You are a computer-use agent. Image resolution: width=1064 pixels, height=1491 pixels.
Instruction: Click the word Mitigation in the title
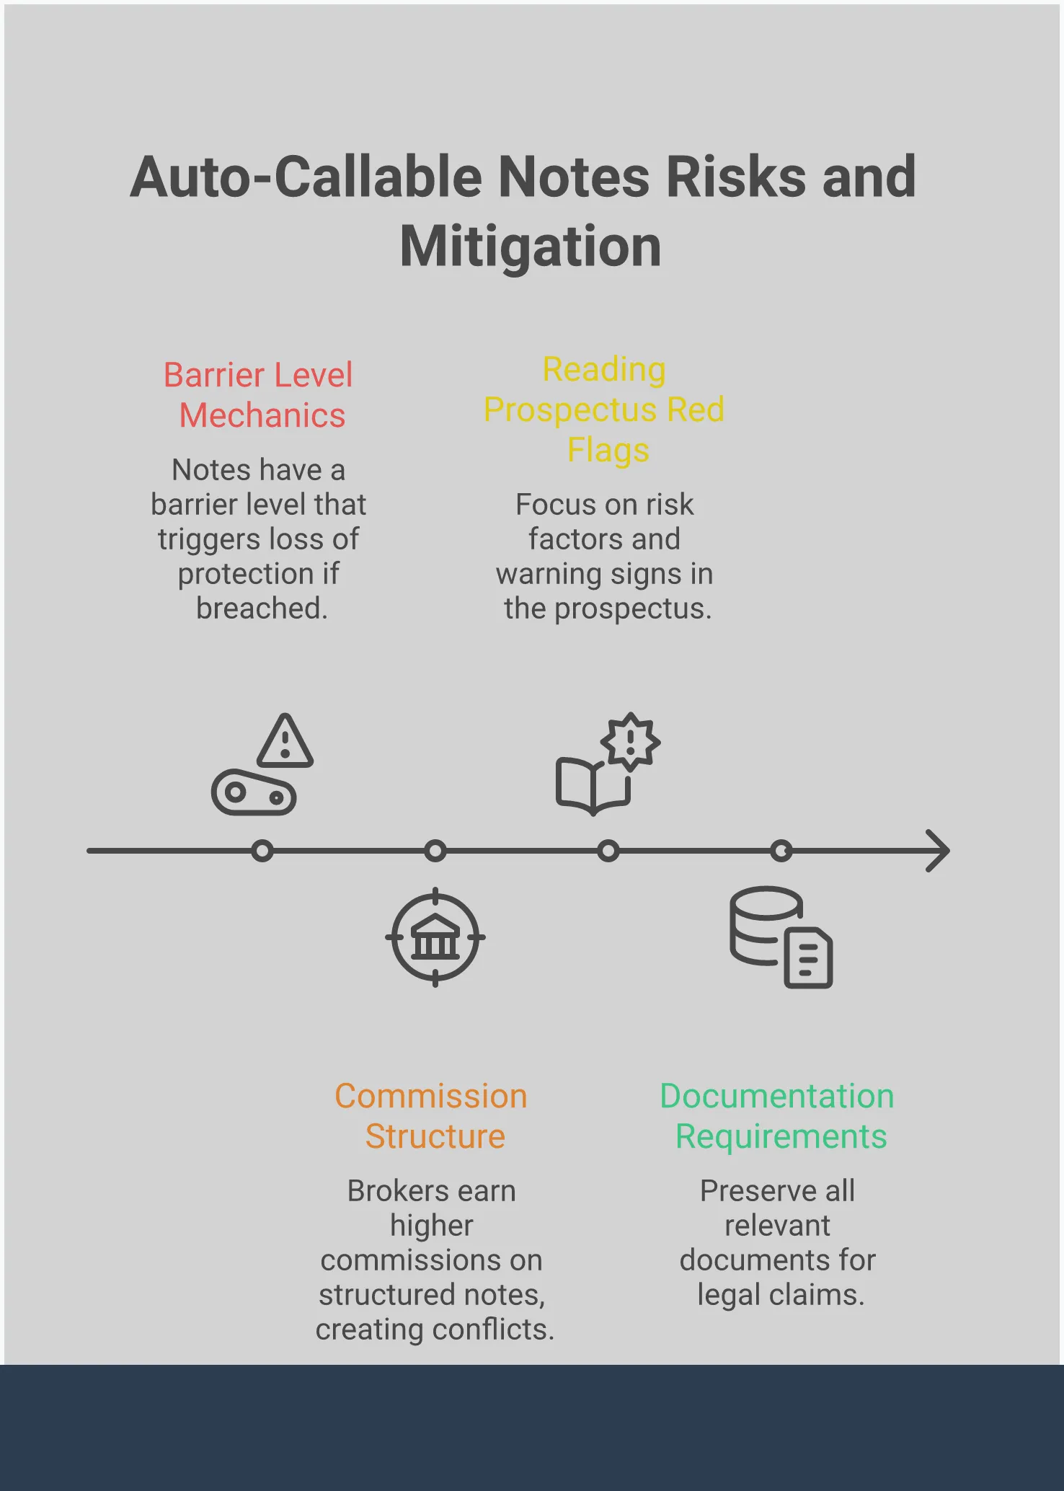coord(531,247)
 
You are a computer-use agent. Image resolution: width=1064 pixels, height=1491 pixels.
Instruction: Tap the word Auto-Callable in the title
coord(306,177)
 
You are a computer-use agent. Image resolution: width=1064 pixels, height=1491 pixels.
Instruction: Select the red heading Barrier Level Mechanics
coord(259,395)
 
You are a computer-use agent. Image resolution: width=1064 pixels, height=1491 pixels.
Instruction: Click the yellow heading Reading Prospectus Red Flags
coord(604,410)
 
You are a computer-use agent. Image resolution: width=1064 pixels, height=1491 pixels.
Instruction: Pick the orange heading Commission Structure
coord(432,1115)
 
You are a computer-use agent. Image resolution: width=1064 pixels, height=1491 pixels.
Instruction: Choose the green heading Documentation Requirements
coord(778,1115)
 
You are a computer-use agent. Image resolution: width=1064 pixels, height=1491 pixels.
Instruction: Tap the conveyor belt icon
coord(254,793)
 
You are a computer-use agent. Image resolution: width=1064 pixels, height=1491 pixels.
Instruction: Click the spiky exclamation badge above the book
coord(631,741)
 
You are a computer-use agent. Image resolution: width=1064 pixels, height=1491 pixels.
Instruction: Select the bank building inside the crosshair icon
coord(435,937)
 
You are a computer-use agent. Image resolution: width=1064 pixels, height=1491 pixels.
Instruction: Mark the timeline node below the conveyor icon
coord(262,851)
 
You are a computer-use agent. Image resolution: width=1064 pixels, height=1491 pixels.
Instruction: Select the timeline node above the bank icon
coord(435,851)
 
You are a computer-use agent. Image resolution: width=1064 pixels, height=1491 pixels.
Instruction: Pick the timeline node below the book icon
coord(608,851)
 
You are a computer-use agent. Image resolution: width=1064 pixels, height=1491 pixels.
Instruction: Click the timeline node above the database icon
coord(781,851)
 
